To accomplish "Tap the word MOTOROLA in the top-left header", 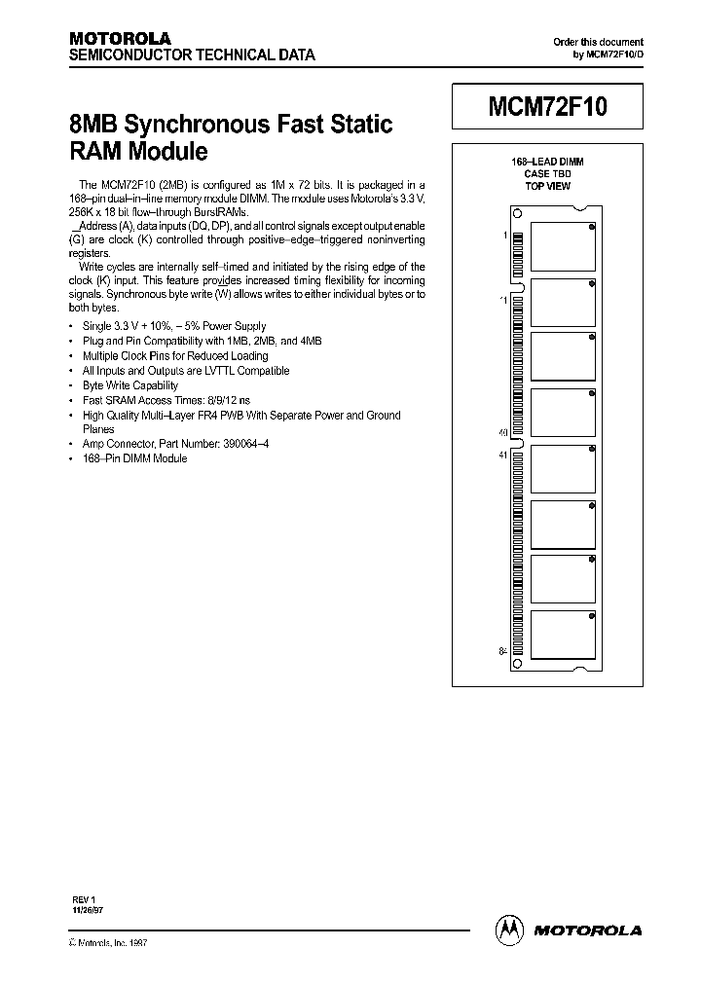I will [120, 39].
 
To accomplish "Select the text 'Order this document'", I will [598, 42].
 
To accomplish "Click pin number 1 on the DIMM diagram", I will [504, 236].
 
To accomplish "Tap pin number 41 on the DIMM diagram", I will [503, 455].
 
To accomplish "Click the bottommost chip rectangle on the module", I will [563, 638].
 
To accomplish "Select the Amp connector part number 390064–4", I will [249, 443].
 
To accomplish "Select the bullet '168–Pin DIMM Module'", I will [135, 457].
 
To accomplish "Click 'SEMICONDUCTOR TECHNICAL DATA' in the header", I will [192, 55].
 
